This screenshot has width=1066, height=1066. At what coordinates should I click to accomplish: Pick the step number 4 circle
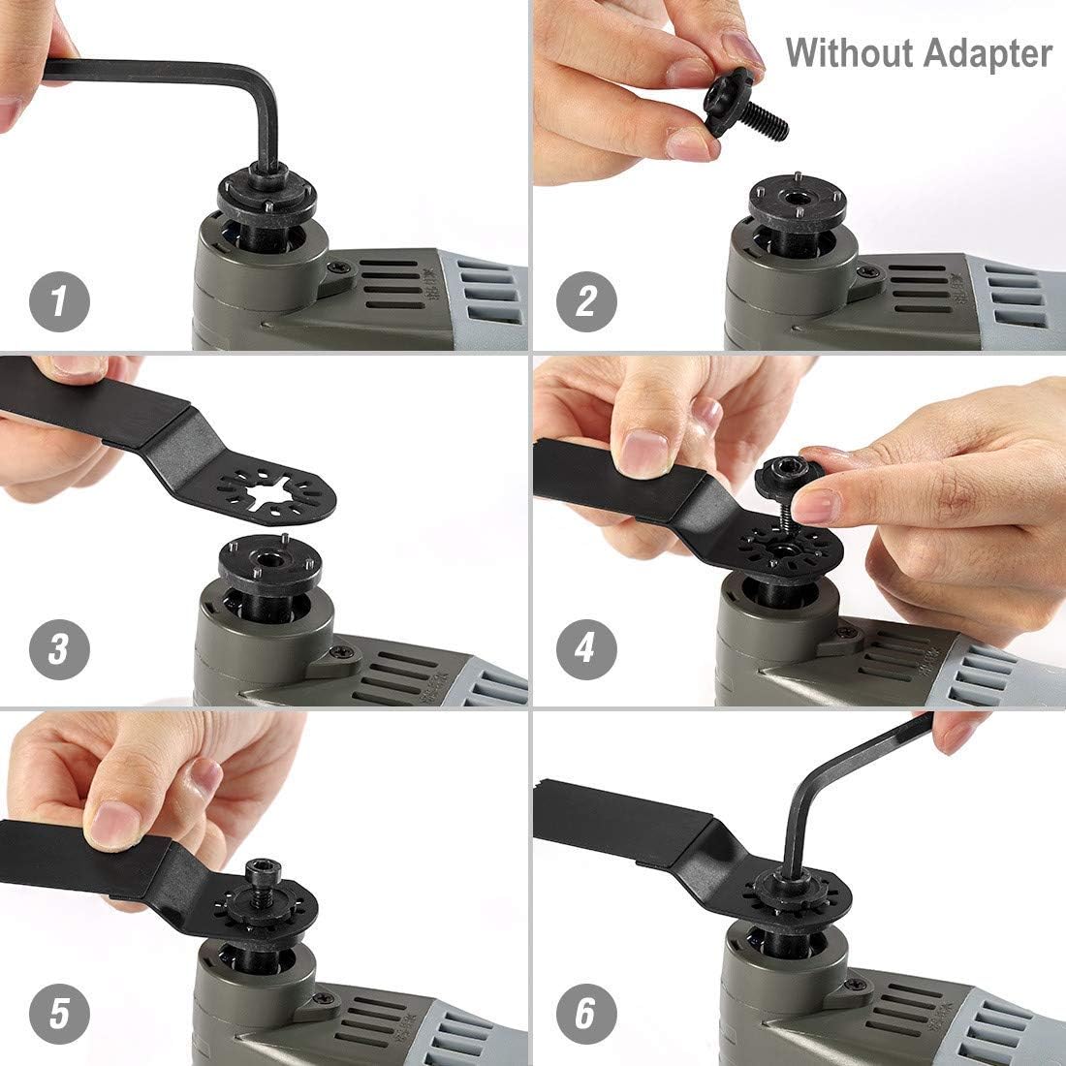pyautogui.click(x=585, y=647)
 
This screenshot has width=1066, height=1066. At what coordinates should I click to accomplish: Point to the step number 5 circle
pyautogui.click(x=59, y=1014)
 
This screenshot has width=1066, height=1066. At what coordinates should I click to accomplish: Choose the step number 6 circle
pyautogui.click(x=585, y=1014)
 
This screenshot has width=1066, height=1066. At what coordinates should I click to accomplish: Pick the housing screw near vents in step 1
pyautogui.click(x=339, y=267)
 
